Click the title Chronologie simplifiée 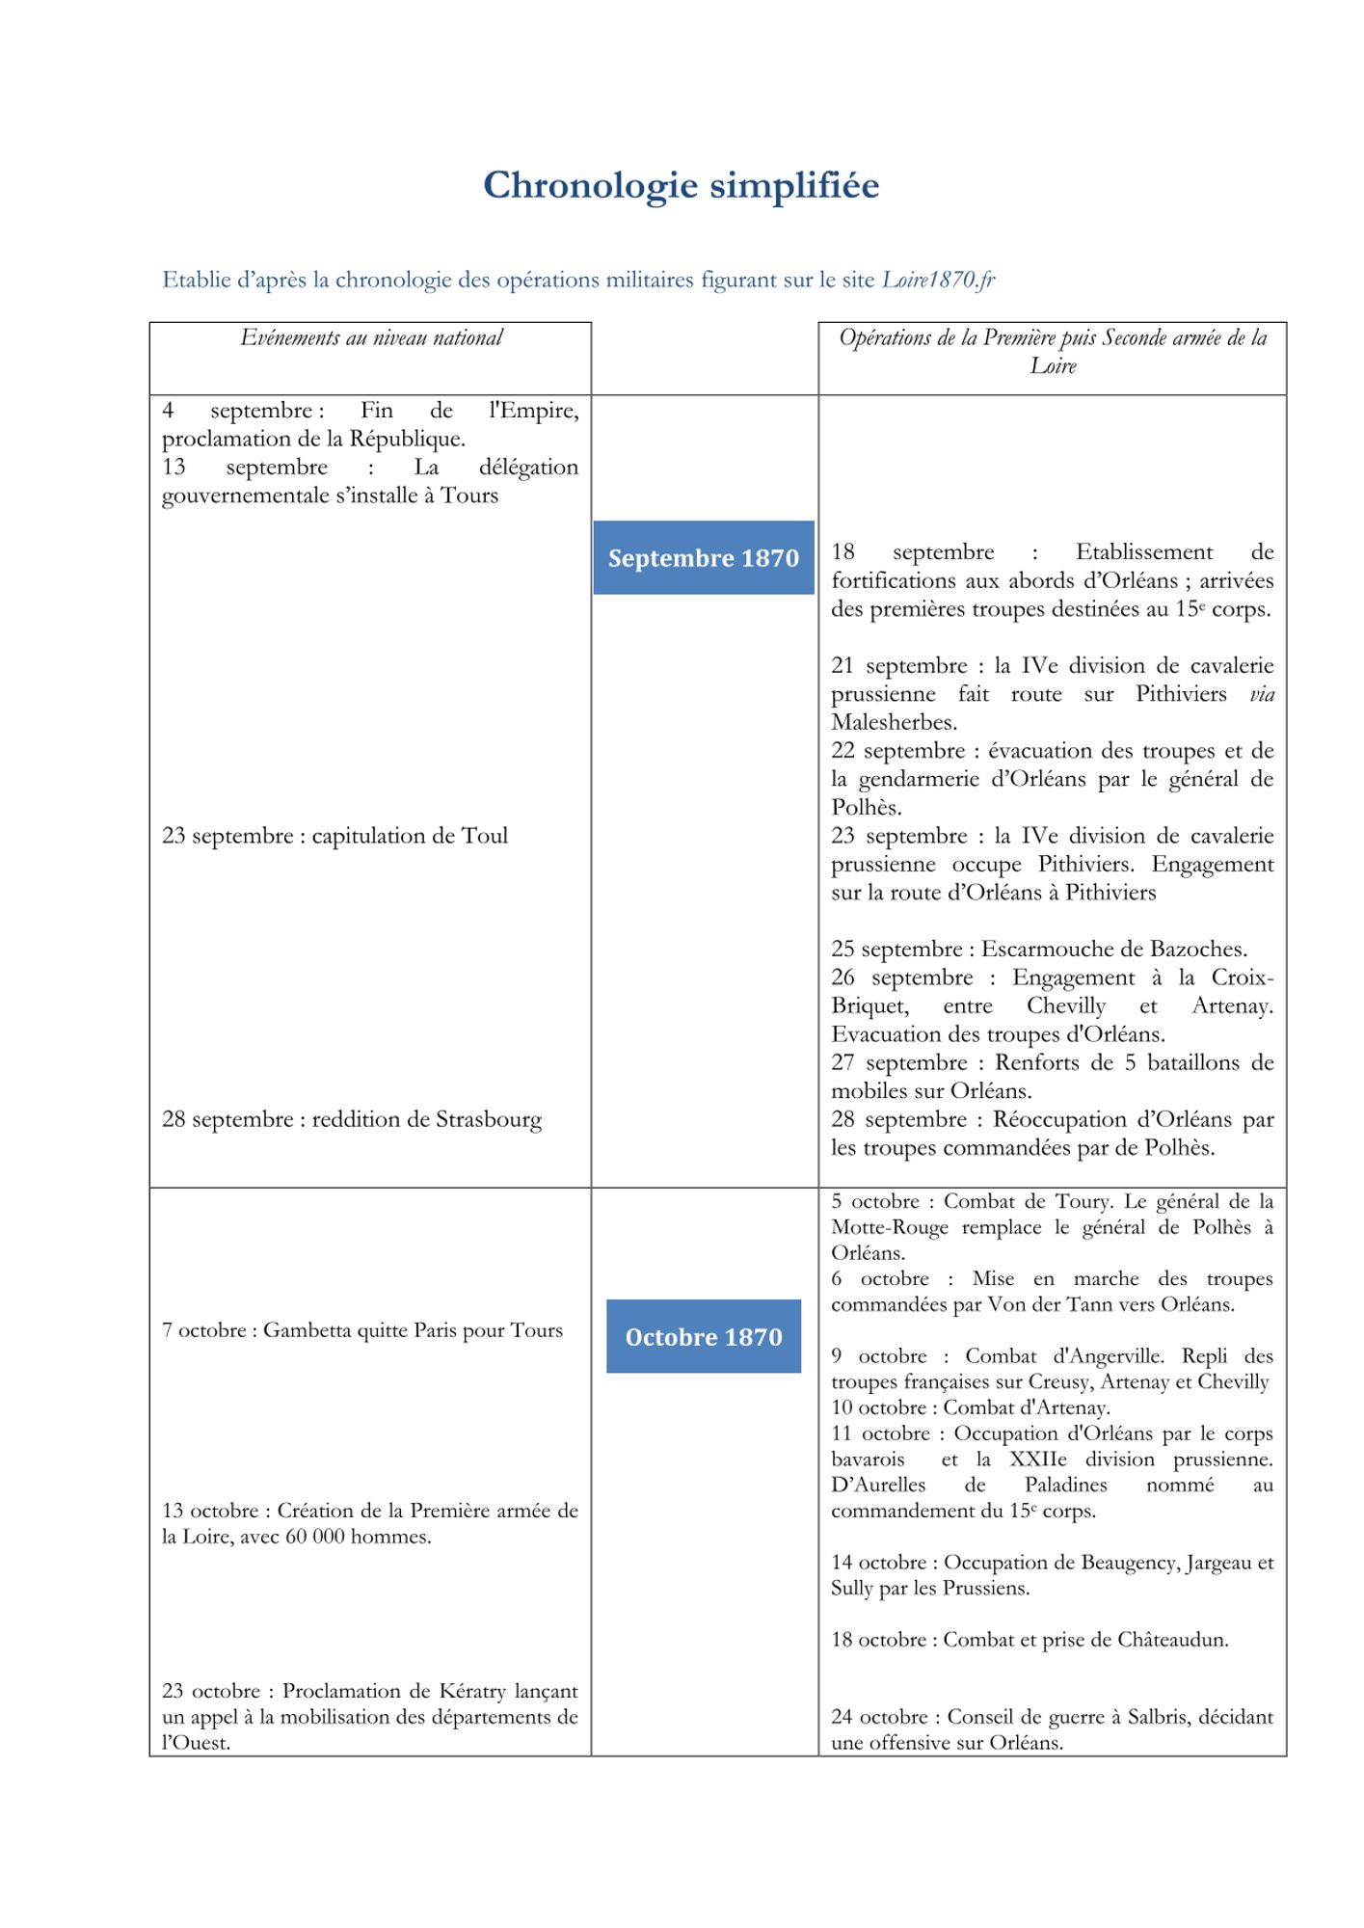click(x=681, y=185)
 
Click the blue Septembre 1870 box click(x=704, y=558)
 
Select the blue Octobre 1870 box click(x=704, y=1337)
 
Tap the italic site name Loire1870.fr click(x=938, y=281)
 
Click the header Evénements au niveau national click(x=371, y=338)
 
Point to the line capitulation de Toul click(x=334, y=836)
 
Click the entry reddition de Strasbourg click(x=352, y=1120)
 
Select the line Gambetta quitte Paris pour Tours click(x=362, y=1330)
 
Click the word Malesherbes click(x=893, y=723)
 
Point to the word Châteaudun click(x=1172, y=1640)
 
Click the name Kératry click(x=472, y=1691)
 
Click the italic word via click(x=1261, y=694)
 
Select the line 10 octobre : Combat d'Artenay click(x=970, y=1407)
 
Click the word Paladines click(x=1065, y=1486)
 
